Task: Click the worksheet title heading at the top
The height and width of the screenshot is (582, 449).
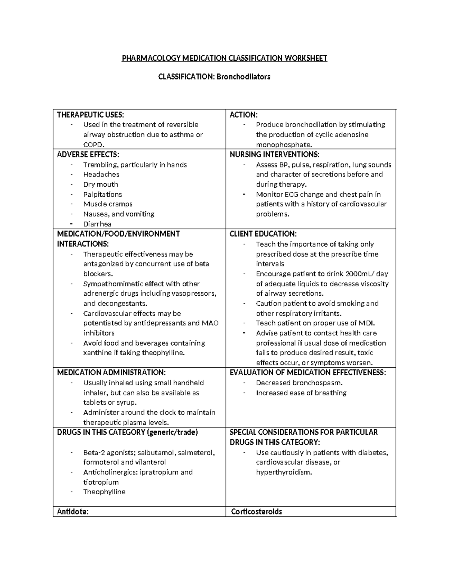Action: tap(224, 58)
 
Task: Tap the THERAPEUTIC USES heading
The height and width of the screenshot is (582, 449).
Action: tap(90, 115)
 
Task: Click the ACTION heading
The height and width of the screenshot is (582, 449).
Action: tap(244, 115)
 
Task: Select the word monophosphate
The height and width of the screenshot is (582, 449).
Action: tap(284, 145)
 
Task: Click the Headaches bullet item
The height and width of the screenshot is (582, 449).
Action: tap(101, 174)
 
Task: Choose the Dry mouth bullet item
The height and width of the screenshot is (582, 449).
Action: tap(101, 184)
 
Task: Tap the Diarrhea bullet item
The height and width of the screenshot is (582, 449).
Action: tap(97, 224)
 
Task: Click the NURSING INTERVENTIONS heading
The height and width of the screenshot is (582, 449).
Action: tap(275, 154)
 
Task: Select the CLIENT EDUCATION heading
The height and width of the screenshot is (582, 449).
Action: tap(263, 234)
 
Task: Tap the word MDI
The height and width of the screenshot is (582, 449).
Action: tap(366, 323)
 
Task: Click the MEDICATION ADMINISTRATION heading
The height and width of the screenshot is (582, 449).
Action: tap(111, 373)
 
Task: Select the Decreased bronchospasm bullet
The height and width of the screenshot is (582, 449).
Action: tap(299, 383)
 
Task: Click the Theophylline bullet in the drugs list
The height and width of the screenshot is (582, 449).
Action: tap(104, 492)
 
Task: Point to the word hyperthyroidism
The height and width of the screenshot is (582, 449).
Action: tap(284, 472)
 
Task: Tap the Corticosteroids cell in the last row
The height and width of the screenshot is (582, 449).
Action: tap(256, 512)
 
